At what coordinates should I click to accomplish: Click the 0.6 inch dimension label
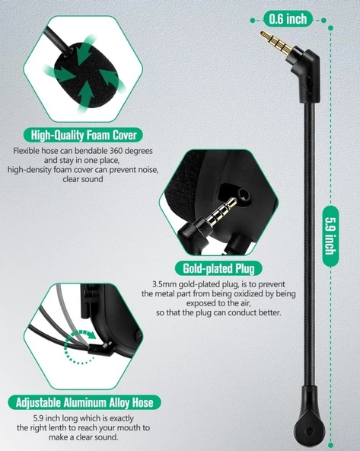coord(286,17)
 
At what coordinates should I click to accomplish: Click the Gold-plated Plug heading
coord(218,267)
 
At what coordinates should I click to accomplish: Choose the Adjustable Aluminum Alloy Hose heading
coord(84,401)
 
